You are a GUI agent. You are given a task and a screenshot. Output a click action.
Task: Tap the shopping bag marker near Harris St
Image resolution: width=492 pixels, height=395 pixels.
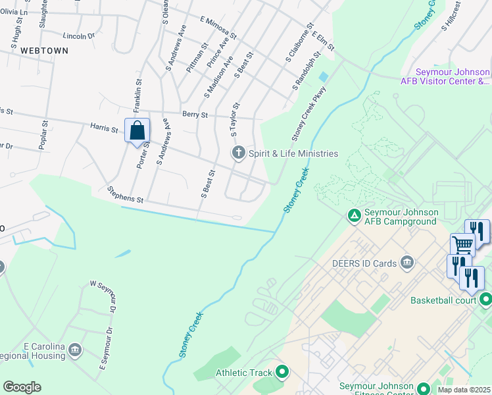pyautogui.click(x=137, y=130)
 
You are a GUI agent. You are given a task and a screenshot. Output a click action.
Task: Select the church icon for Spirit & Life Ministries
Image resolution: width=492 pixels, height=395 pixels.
pyautogui.click(x=238, y=153)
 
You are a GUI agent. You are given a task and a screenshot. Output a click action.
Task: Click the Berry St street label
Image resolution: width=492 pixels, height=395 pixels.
pyautogui.click(x=195, y=115)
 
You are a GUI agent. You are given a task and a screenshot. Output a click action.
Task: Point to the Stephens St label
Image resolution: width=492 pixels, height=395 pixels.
pyautogui.click(x=125, y=194)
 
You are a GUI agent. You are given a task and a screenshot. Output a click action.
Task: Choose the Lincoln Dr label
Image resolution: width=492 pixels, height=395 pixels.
pyautogui.click(x=79, y=36)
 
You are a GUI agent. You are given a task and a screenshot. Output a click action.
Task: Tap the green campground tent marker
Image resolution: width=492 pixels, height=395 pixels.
pyautogui.click(x=354, y=215)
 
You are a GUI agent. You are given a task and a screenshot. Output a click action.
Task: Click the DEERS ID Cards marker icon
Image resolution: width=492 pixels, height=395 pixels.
pyautogui.click(x=407, y=263)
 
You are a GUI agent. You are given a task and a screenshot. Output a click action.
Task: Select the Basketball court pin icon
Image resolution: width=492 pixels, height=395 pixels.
pyautogui.click(x=486, y=300)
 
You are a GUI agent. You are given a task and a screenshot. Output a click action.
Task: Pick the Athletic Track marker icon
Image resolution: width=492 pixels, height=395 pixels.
pyautogui.click(x=282, y=373)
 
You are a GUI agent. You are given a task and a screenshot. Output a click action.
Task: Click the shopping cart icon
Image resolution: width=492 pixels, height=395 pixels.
pyautogui.click(x=463, y=245)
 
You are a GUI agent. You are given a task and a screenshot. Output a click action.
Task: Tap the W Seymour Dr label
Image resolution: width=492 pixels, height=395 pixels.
pyautogui.click(x=105, y=297)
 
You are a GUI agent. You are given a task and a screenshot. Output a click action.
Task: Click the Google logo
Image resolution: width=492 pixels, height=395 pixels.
pyautogui.click(x=21, y=387)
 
